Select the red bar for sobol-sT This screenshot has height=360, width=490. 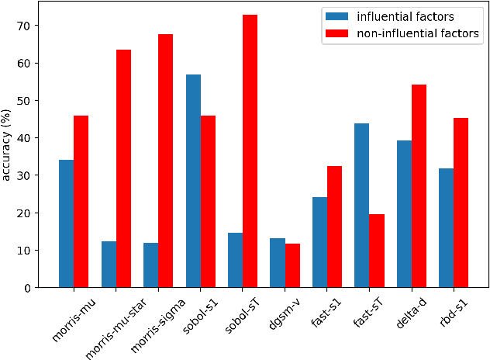pos(250,151)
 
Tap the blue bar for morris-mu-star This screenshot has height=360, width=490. pos(109,265)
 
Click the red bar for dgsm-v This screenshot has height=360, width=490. pos(292,265)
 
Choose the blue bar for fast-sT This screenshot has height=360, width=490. pos(362,206)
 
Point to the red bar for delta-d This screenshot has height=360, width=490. pos(419,186)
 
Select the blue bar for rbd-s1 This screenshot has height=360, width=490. pos(446,228)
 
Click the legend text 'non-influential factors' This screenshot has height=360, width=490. pos(418,33)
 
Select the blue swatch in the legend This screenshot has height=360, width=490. pos(336,16)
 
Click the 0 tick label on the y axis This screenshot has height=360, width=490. pos(27,288)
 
